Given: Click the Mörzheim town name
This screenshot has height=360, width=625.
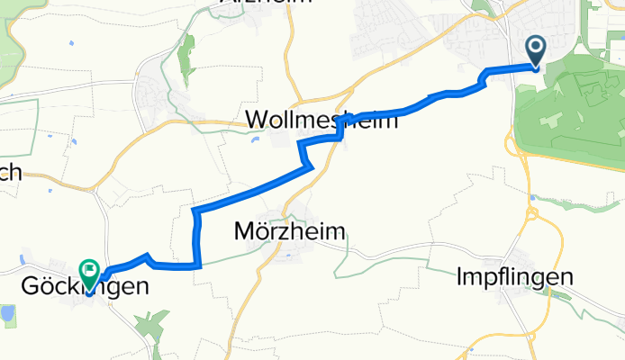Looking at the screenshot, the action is [289, 231].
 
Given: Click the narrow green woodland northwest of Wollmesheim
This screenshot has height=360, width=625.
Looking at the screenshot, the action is [186, 56].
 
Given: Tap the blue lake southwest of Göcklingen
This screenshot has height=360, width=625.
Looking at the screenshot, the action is [6, 314].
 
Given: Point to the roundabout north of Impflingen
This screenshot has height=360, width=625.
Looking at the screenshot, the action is [533, 214].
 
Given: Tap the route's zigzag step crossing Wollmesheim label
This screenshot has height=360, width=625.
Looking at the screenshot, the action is [340, 130].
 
